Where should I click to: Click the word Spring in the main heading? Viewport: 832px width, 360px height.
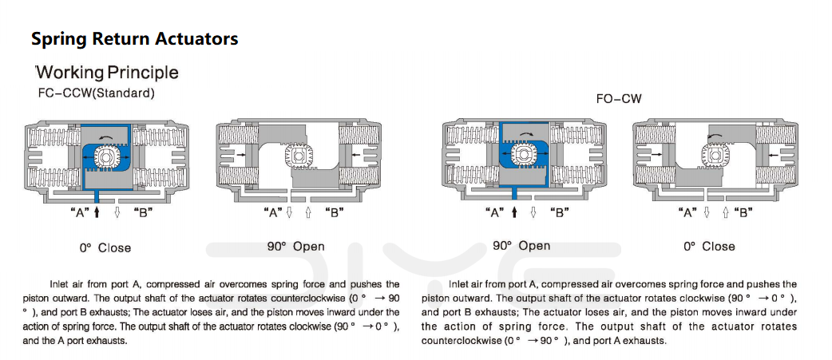(x=59, y=39)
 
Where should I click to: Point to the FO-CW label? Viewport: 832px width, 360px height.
(x=618, y=99)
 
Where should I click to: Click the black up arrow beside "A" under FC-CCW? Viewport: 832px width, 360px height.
(x=97, y=212)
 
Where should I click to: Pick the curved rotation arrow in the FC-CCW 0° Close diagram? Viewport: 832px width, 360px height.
(x=108, y=138)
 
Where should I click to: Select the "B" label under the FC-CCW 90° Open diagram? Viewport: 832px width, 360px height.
(x=334, y=212)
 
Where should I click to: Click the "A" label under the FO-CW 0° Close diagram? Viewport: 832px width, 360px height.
(x=688, y=212)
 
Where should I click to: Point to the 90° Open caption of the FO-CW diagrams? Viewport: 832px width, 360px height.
(x=521, y=246)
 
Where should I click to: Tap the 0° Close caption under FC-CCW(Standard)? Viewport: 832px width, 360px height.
(x=105, y=247)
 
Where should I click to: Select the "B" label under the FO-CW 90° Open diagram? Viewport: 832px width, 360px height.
(x=559, y=212)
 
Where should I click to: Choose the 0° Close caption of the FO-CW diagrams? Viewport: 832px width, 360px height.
(x=709, y=247)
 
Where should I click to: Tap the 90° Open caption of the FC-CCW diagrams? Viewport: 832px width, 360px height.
(x=296, y=247)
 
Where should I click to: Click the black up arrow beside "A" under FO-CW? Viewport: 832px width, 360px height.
(x=513, y=212)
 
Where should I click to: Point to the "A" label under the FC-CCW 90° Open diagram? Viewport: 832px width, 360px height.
(x=274, y=212)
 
